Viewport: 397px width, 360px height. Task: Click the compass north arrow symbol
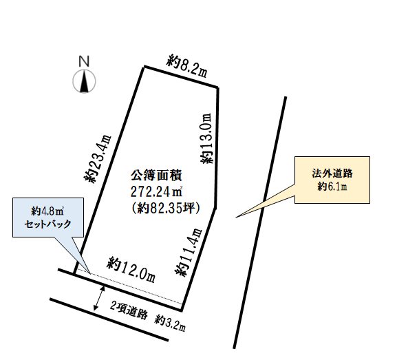84,82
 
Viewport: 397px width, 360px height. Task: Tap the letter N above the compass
84,61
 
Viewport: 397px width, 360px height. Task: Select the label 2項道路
130,313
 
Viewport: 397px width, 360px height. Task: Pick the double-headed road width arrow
98,298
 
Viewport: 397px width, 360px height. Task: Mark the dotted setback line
131,289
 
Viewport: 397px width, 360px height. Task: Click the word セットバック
48,225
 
